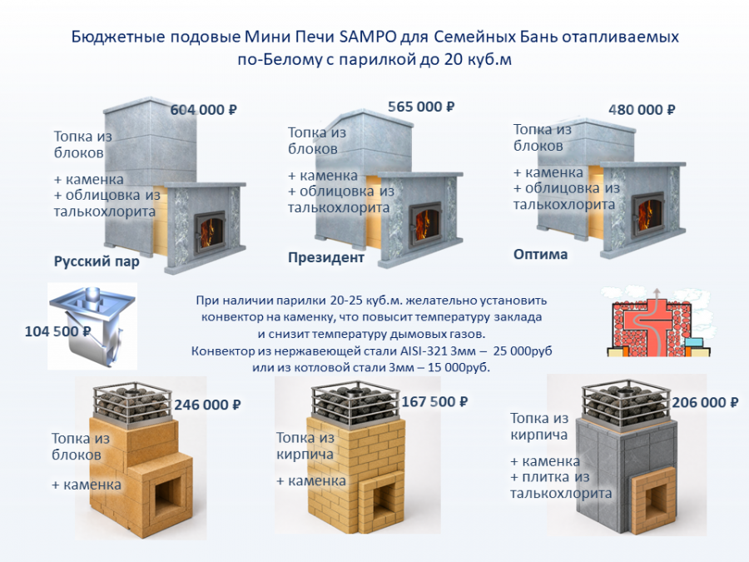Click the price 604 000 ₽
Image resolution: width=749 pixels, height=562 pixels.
point(204,110)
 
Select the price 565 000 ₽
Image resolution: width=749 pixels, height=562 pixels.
point(421,107)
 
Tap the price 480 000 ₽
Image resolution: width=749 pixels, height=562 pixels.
point(642,110)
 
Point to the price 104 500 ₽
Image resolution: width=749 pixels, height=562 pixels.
point(57,331)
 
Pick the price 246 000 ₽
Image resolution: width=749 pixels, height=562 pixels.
point(207,405)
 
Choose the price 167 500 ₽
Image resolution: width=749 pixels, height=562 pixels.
point(434,401)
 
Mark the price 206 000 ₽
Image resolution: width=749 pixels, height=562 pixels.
point(705,402)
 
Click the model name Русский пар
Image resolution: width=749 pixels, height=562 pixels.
point(97,262)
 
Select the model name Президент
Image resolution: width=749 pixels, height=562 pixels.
point(325,257)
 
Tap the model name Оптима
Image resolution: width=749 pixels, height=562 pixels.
point(540,254)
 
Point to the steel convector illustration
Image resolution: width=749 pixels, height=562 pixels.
point(92,326)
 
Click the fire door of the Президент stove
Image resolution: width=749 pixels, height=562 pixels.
point(425,224)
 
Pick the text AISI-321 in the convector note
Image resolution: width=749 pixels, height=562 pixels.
point(421,351)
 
